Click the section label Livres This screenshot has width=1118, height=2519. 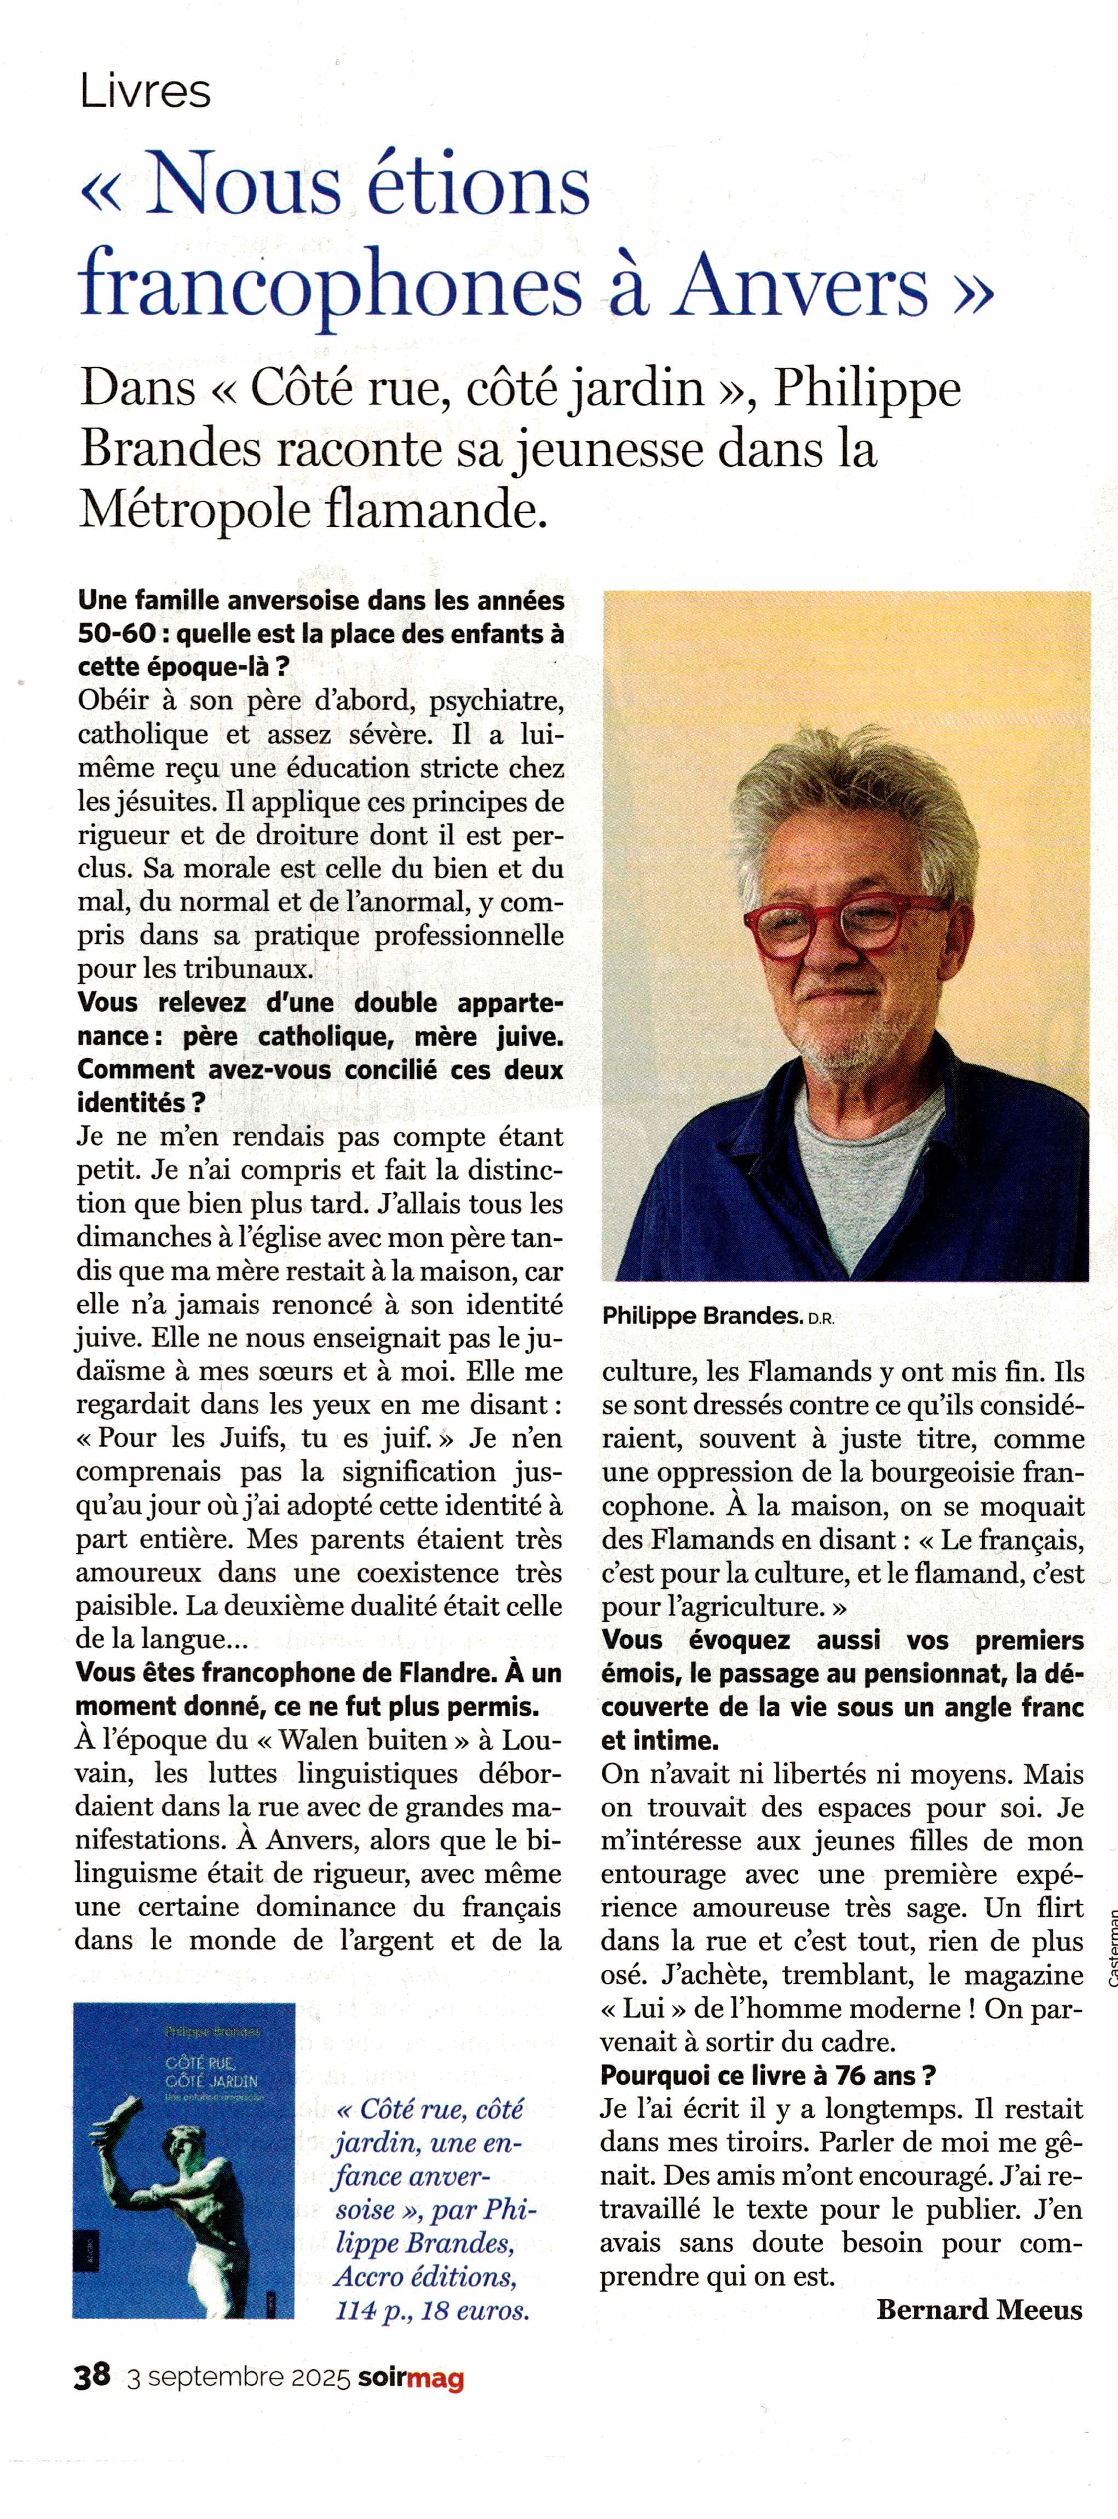(x=145, y=92)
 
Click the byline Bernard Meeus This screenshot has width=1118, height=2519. (x=979, y=2310)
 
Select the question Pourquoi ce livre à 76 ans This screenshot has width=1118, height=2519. (x=768, y=2075)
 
